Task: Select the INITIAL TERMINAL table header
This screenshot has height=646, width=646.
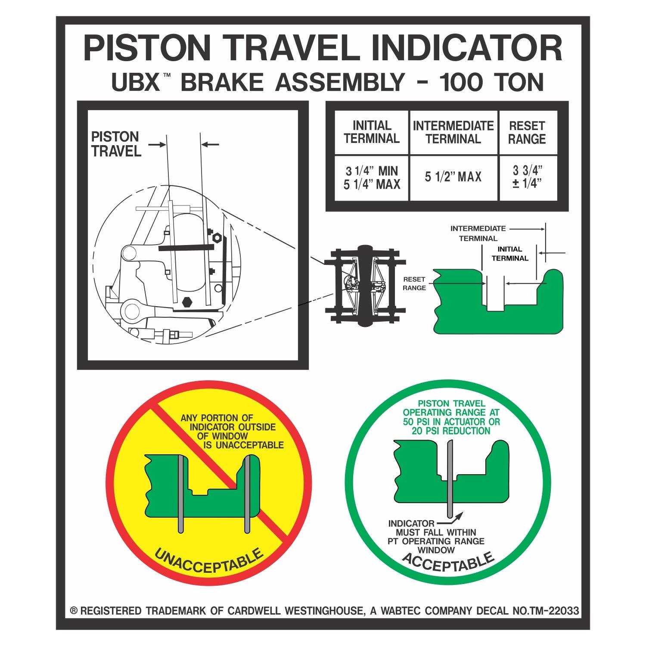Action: pos(372,132)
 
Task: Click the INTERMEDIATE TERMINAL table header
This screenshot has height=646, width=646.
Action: pos(453,132)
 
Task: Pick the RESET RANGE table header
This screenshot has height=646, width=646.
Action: pos(527,132)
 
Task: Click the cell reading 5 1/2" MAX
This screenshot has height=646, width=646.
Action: pos(453,177)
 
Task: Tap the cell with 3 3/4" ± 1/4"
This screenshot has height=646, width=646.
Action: pos(527,177)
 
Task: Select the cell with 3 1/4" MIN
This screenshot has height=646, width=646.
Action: pos(372,171)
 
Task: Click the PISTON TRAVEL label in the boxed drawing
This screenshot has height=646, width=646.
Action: pos(115,144)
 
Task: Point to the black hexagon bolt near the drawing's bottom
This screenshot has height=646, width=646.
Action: pos(188,301)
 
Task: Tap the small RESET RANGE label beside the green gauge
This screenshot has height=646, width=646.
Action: pos(414,284)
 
